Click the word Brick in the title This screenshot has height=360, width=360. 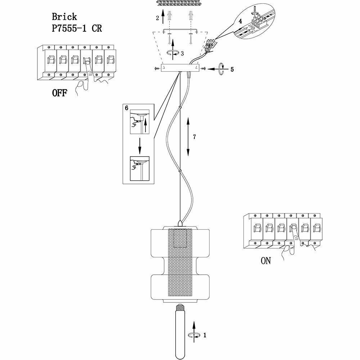coord(64,17)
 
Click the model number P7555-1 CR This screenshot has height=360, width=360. coord(77,28)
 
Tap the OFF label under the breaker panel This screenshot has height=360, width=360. coord(60,93)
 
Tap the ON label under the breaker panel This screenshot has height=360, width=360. coord(266,261)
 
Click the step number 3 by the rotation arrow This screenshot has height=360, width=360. coord(182,54)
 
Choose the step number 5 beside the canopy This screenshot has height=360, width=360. coord(232,69)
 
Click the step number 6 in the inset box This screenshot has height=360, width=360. coord(126,108)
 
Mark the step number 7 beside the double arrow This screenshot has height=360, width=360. coord(194,137)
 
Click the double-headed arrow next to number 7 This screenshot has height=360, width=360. coord(188,137)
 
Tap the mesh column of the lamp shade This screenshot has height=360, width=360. coord(180,263)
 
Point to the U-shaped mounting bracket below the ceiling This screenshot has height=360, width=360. coord(180,31)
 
